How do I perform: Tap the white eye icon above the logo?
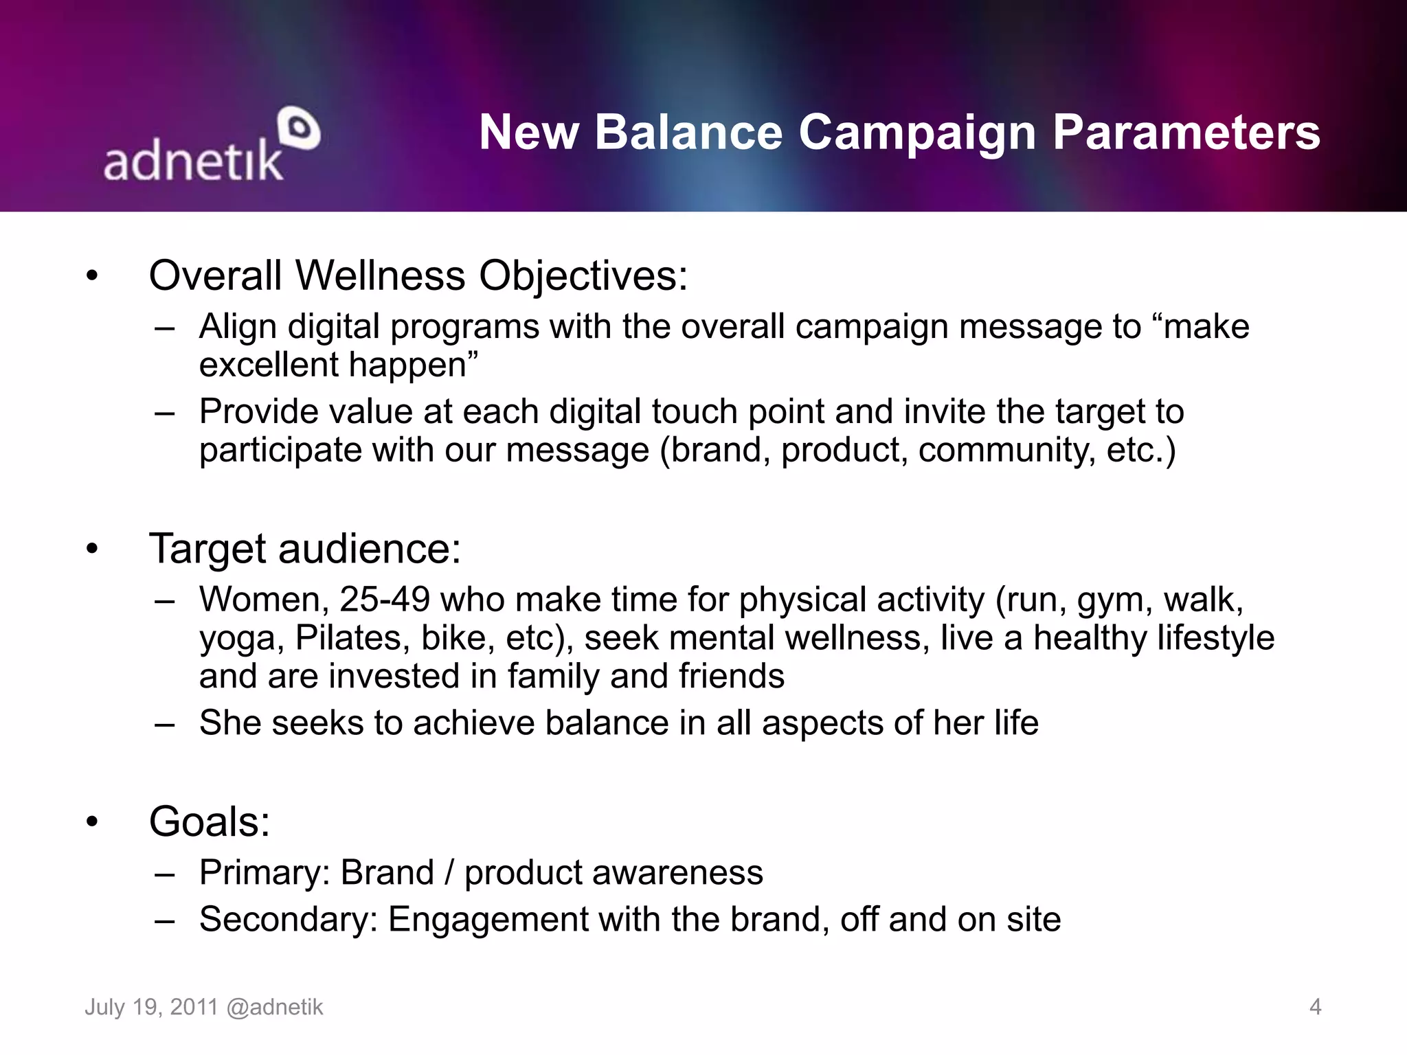tap(300, 128)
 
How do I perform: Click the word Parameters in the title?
tap(1186, 132)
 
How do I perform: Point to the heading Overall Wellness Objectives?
tap(418, 276)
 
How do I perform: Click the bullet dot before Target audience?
tap(92, 549)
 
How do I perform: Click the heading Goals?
tap(210, 821)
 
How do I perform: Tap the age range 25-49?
tap(384, 600)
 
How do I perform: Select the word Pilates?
tap(348, 638)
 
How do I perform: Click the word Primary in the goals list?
tap(260, 873)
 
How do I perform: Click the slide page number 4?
tap(1315, 1007)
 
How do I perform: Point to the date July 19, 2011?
tap(151, 1007)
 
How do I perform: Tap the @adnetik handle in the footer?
tap(274, 1007)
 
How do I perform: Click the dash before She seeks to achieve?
tap(165, 724)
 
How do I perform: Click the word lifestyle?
tap(1215, 638)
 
